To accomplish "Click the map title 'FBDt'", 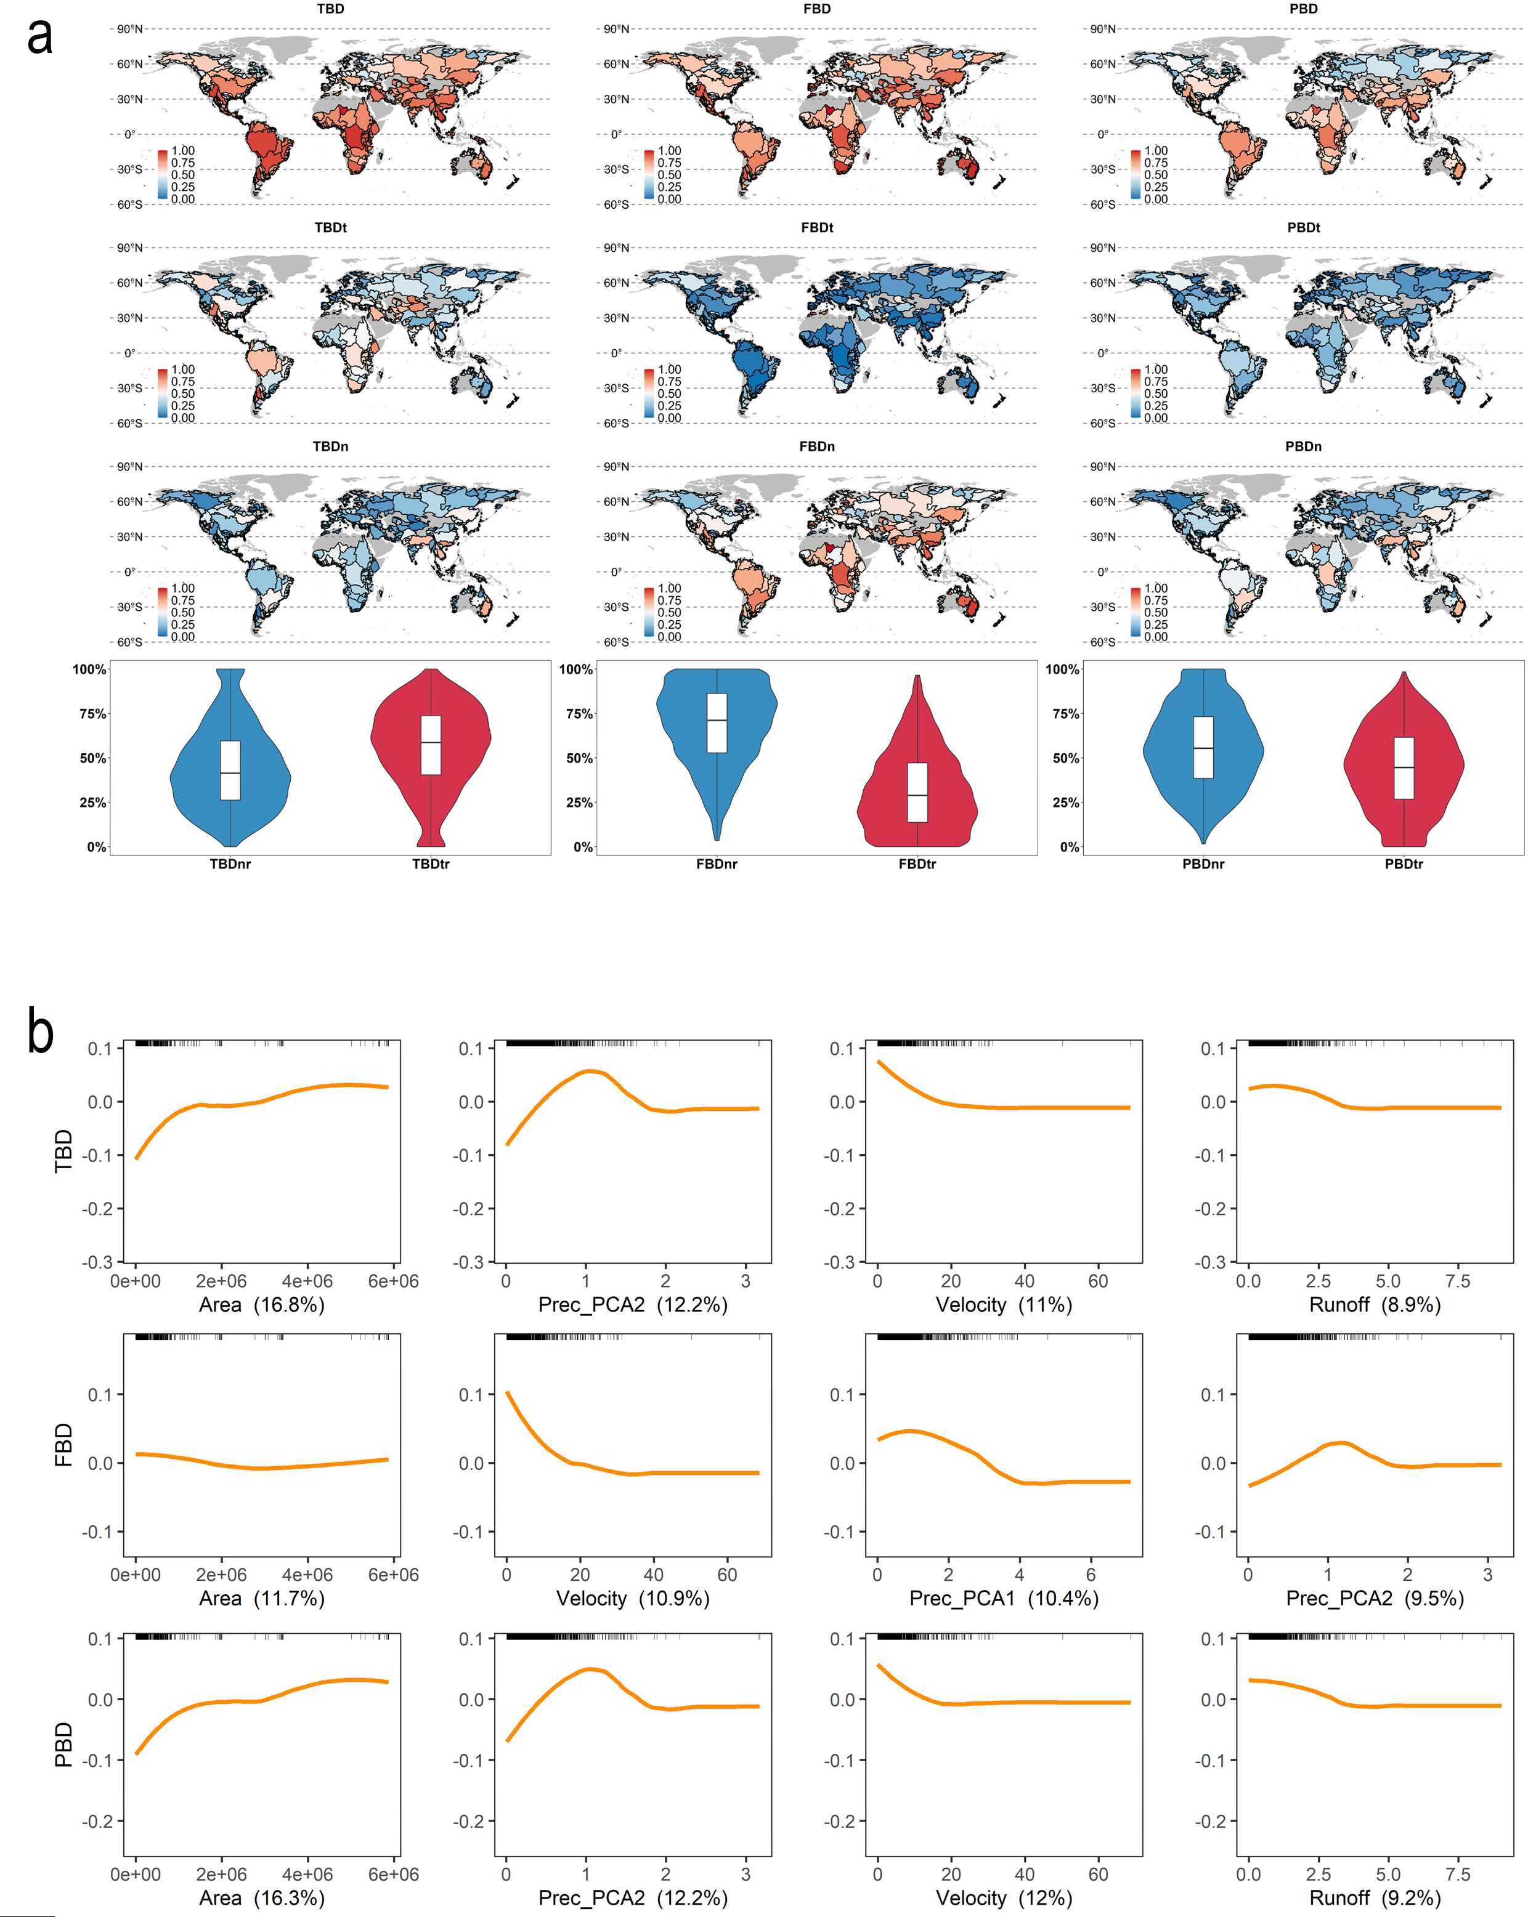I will (816, 228).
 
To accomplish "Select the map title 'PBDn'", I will (1303, 446).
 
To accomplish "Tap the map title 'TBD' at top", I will (330, 9).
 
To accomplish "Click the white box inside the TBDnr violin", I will (230, 770).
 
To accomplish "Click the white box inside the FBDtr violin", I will (917, 791).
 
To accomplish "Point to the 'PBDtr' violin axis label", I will (1404, 863).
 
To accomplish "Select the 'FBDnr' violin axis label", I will (716, 863).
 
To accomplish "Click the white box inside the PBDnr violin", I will (1203, 747).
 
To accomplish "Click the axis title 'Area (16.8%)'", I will (261, 1304).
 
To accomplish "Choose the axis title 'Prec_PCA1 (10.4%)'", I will (1003, 1598).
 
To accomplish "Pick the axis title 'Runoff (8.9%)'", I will (1374, 1304).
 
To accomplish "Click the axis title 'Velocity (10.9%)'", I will (632, 1598).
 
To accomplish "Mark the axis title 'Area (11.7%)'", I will (261, 1598).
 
